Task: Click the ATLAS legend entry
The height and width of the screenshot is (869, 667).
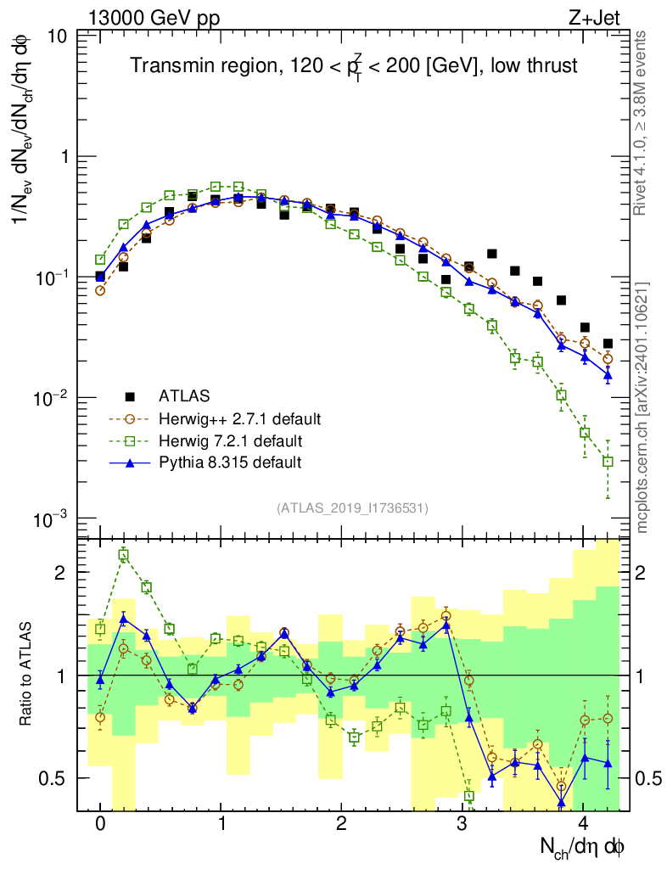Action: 182,395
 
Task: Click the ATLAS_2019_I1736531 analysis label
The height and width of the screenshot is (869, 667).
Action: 352,508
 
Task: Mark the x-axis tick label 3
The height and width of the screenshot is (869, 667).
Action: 462,824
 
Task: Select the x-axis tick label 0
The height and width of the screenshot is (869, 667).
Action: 100,824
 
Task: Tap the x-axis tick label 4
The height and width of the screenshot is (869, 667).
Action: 583,824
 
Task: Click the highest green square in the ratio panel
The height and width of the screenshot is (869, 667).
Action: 124,556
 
